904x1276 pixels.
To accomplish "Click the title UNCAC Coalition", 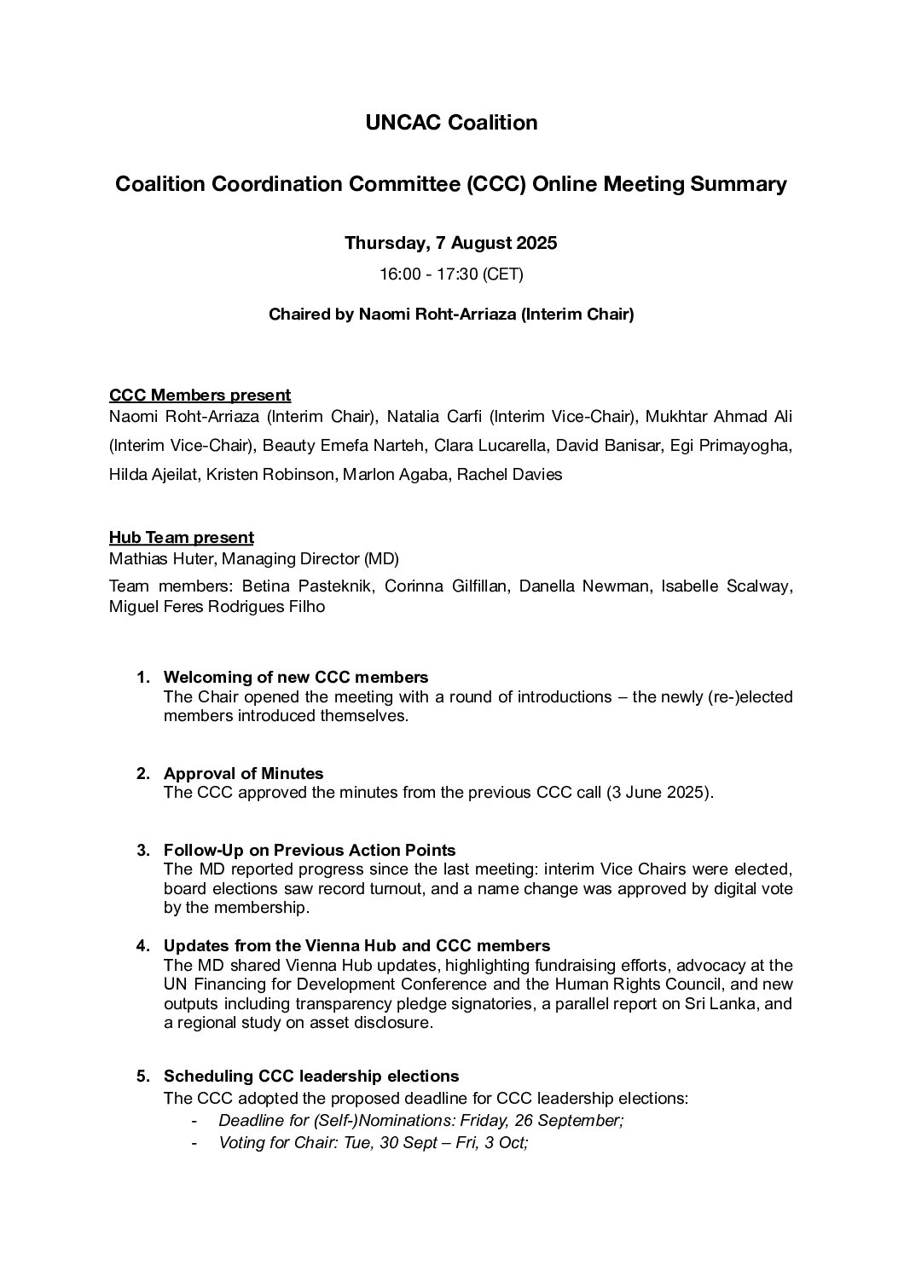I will click(x=451, y=123).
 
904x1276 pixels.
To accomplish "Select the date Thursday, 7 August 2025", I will click(x=450, y=243).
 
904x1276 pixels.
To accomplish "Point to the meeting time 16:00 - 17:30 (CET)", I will click(x=450, y=274).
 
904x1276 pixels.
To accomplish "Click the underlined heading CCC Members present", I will click(x=200, y=395).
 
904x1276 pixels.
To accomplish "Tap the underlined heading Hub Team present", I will click(x=181, y=537).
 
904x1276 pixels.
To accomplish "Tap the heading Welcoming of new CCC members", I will click(x=295, y=678).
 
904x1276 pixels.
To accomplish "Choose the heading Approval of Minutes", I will click(x=243, y=774).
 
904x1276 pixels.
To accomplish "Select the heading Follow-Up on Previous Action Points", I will click(x=309, y=851).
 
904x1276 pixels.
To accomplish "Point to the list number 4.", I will click(x=142, y=946).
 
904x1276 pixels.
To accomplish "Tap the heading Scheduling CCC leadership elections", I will click(x=310, y=1077).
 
